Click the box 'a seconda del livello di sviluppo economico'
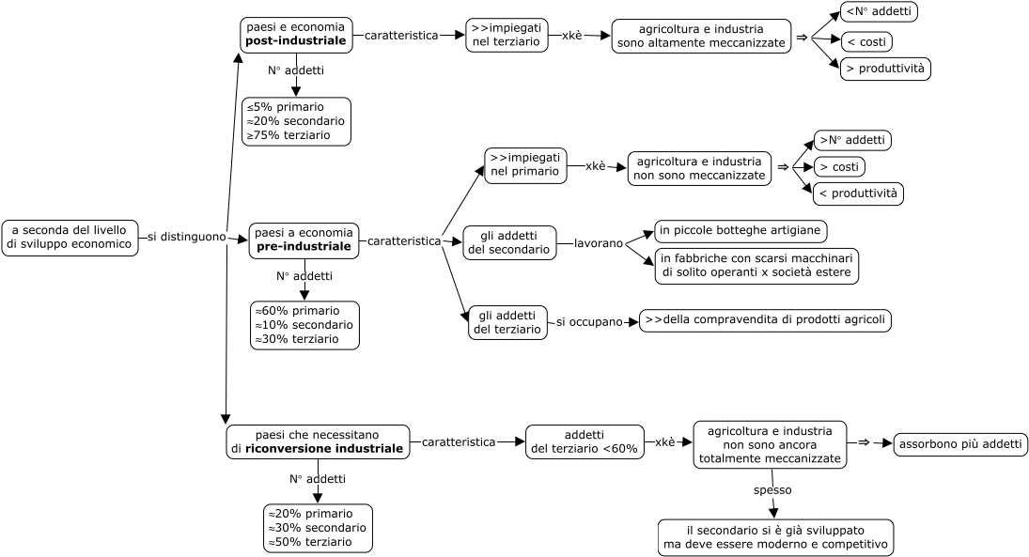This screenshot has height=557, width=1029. coord(70,238)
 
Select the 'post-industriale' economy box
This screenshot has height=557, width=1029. coord(296,35)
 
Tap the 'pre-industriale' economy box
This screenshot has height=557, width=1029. coord(304,240)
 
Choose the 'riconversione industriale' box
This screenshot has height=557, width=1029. coord(318,442)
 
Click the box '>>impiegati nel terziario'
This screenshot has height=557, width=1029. coord(507,36)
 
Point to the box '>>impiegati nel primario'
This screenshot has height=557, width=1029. coord(525,165)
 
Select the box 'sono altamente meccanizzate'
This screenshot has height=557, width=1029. coord(701,36)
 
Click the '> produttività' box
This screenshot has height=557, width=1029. coord(885,69)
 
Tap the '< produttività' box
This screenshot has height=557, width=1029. coord(858,194)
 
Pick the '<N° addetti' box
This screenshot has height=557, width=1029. coord(879,12)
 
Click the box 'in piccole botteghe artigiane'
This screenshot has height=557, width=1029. coord(741,231)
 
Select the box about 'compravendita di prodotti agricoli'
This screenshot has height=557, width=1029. coord(765,320)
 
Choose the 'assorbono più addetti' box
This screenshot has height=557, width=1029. coord(960,444)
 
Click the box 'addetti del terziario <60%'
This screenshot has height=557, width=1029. coord(585,442)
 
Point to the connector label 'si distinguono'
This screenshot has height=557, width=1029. coord(186,237)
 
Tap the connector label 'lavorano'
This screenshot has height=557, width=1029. coord(599,243)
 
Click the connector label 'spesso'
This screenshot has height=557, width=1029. coord(772,490)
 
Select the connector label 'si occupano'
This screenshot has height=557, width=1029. coord(589,322)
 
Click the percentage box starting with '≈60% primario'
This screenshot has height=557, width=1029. coord(304,325)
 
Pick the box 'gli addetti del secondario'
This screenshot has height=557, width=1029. coord(509,242)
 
